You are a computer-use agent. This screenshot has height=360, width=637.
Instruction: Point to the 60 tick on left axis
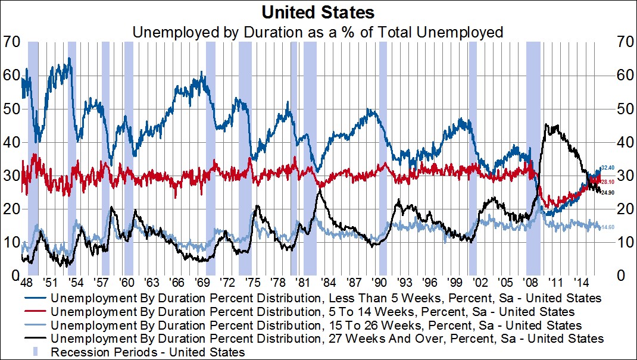[x=10, y=76]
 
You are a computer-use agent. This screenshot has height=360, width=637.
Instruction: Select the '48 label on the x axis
[x=26, y=283]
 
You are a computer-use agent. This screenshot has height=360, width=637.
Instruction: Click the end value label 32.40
[x=607, y=168]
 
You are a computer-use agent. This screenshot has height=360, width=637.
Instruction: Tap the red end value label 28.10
[x=607, y=182]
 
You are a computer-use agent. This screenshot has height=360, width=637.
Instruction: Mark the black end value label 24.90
[x=607, y=193]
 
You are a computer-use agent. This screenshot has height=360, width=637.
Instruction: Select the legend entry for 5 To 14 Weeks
[x=313, y=311]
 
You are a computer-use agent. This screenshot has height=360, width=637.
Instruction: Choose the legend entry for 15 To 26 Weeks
[x=316, y=325]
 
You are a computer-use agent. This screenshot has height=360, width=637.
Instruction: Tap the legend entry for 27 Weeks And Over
[x=327, y=339]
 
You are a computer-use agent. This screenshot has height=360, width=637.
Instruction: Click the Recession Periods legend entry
[x=148, y=352]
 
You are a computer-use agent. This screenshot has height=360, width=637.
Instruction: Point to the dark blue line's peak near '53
[x=70, y=58]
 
